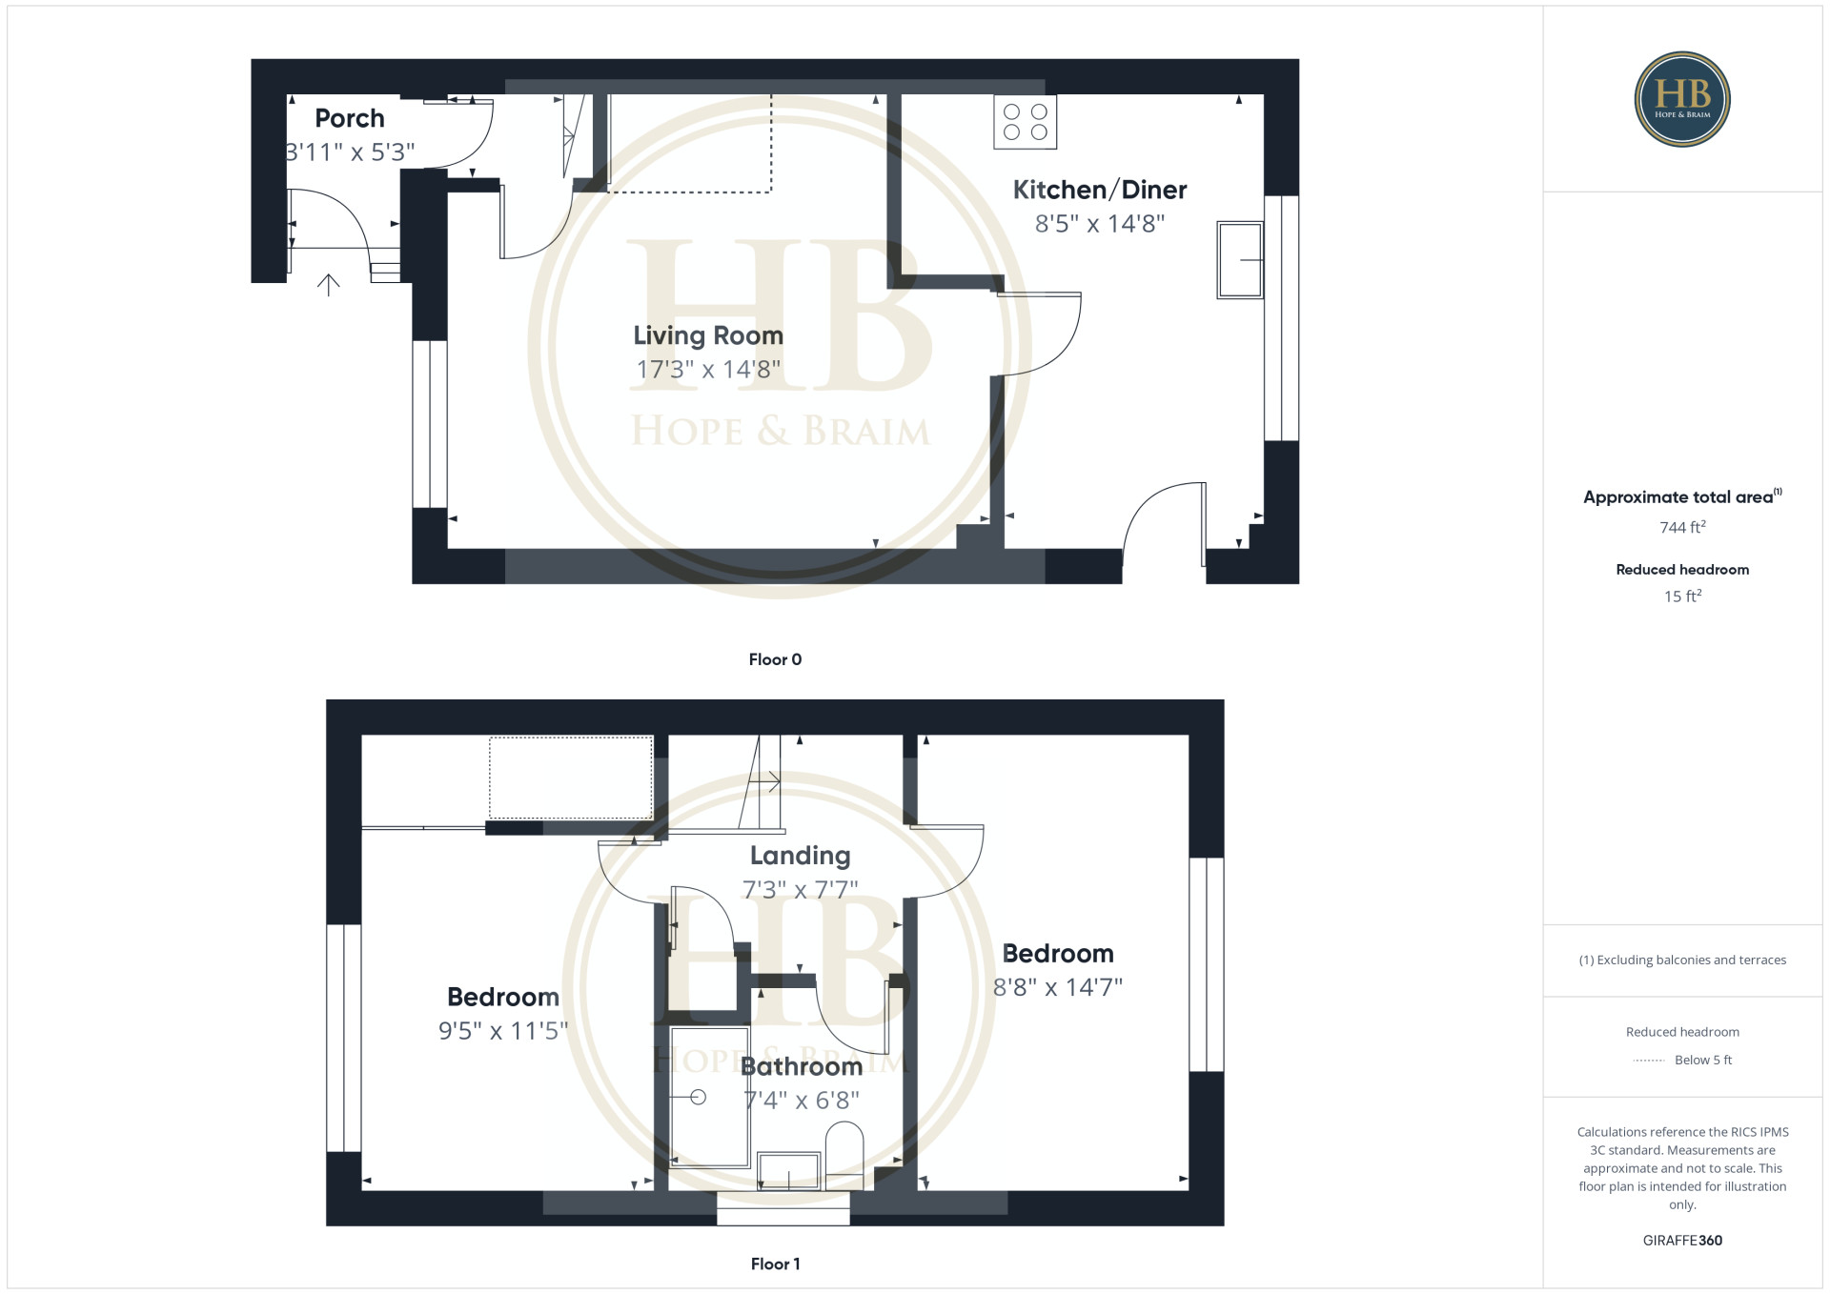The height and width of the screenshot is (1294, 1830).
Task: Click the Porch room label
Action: (350, 118)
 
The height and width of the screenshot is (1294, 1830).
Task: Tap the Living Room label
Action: (708, 335)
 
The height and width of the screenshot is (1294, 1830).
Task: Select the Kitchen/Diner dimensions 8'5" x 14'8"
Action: (1100, 224)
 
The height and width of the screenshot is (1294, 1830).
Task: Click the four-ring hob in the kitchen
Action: (1025, 122)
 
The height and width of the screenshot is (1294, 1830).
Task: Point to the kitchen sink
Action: (1240, 260)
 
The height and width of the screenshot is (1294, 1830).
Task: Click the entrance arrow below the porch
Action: (328, 285)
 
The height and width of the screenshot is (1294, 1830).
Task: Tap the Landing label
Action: (800, 856)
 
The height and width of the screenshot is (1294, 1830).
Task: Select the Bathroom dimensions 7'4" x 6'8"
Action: (802, 1101)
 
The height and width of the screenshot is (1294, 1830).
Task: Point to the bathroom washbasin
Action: (788, 1171)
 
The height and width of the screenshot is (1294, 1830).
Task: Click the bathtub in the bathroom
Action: (709, 1097)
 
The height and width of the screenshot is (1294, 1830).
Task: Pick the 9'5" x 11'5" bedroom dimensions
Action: (503, 1031)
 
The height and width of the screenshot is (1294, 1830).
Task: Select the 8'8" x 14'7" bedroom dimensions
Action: (1058, 987)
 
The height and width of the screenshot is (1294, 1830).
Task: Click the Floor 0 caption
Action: (775, 659)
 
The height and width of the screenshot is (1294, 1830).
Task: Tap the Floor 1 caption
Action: (775, 1264)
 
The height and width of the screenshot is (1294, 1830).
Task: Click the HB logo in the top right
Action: (1682, 99)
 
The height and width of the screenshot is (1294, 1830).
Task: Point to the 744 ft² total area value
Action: (1682, 527)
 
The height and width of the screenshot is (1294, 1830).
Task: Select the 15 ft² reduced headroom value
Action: (1682, 596)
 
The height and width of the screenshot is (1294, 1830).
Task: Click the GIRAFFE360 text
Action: (1682, 1241)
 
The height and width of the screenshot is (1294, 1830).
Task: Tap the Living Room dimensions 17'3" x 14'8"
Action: (708, 370)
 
